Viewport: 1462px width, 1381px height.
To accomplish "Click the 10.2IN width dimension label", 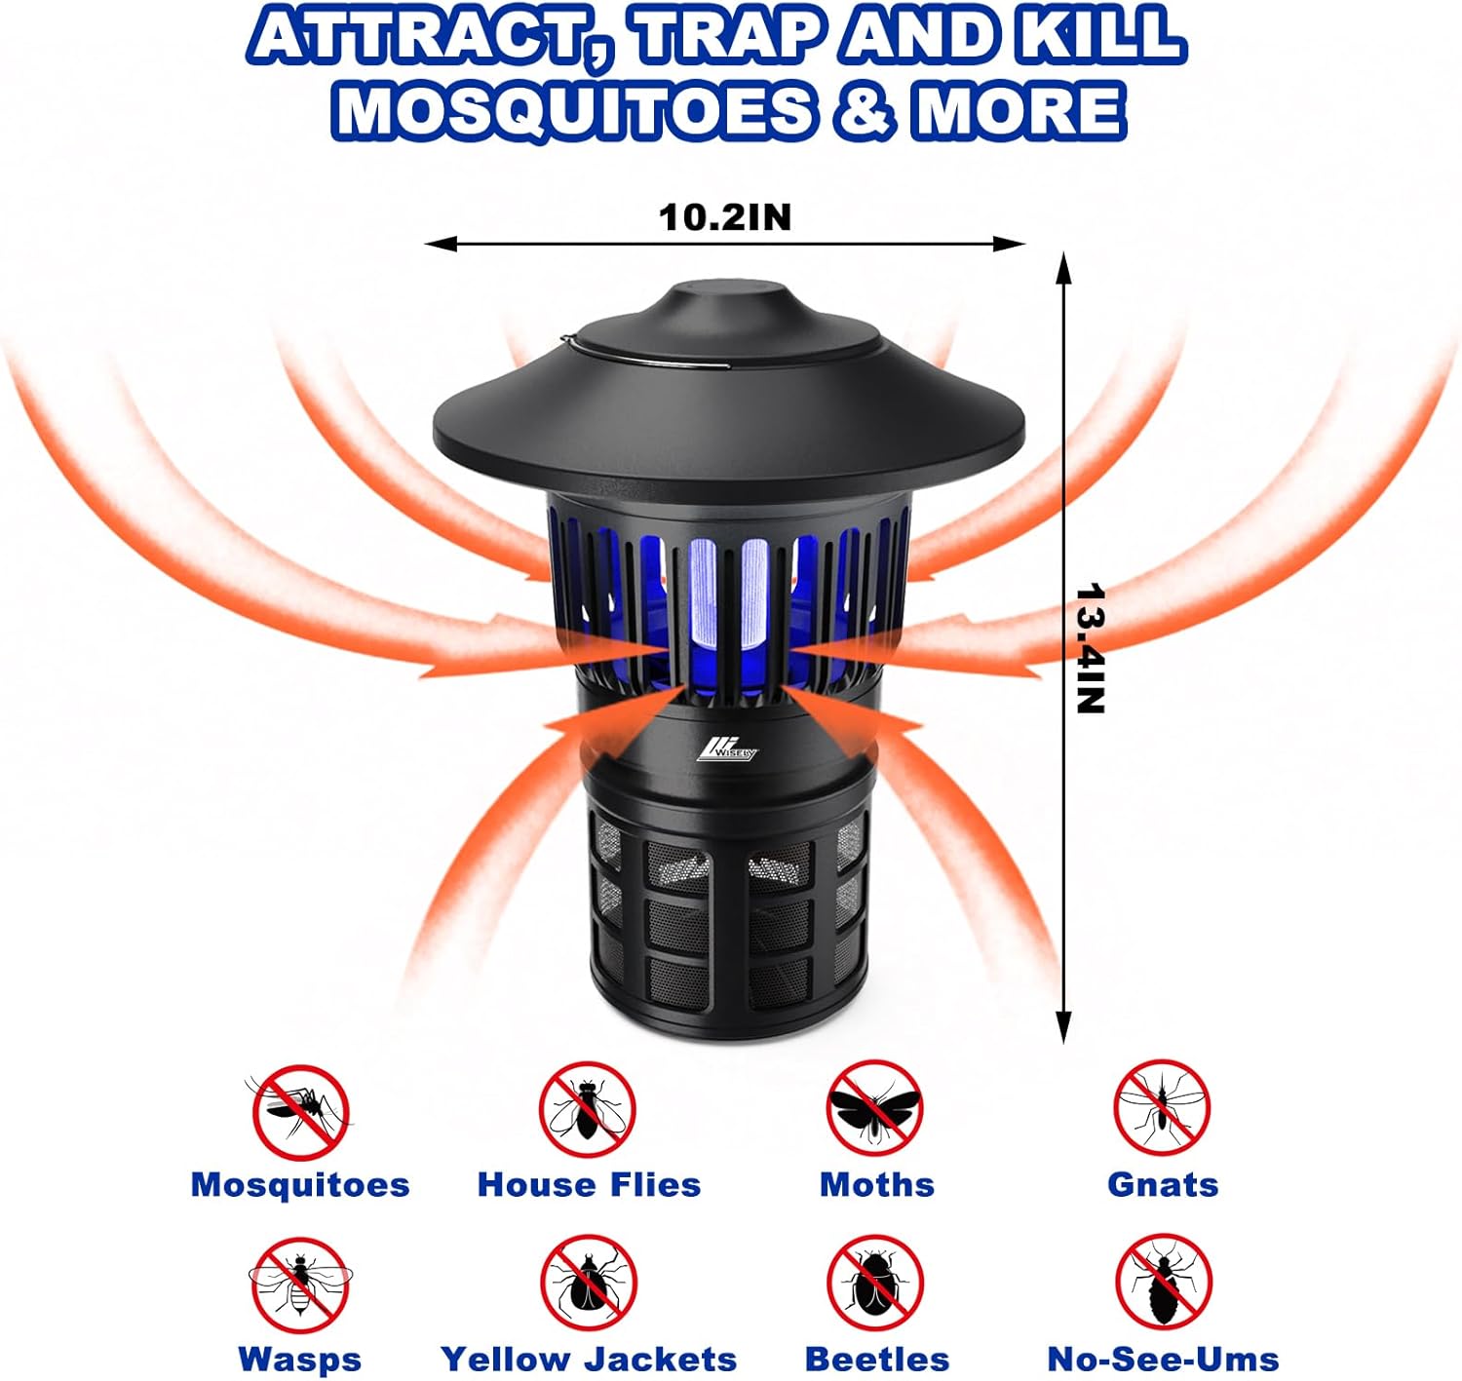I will pyautogui.click(x=725, y=217).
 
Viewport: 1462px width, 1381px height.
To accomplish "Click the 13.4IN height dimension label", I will pyautogui.click(x=1090, y=648).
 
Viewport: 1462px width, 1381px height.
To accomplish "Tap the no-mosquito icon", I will pyautogui.click(x=301, y=1111).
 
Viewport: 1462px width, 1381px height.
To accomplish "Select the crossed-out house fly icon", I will pyautogui.click(x=588, y=1110).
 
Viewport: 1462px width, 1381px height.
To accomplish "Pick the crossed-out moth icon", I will pyautogui.click(x=874, y=1109).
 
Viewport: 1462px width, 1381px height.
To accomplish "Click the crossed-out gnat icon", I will pyautogui.click(x=1162, y=1109).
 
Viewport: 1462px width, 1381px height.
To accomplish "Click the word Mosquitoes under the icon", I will pyautogui.click(x=300, y=1185).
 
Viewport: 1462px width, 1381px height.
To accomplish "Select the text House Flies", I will pyautogui.click(x=589, y=1185).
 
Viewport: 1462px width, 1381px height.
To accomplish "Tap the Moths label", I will pyautogui.click(x=876, y=1185).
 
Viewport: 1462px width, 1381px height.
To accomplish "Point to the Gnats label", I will pyautogui.click(x=1163, y=1185).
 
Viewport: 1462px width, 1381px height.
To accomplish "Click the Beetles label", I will pyautogui.click(x=876, y=1359).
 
